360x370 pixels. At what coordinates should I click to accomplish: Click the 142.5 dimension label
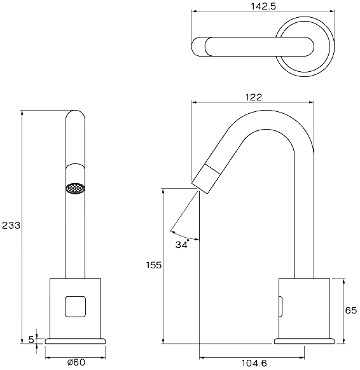pyautogui.click(x=263, y=6)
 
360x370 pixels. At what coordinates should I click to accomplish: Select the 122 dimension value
pyautogui.click(x=253, y=97)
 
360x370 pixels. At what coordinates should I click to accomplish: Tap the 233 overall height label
pyautogui.click(x=11, y=226)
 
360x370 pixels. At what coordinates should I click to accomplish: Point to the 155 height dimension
pyautogui.click(x=153, y=265)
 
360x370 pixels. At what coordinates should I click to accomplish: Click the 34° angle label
pyautogui.click(x=182, y=244)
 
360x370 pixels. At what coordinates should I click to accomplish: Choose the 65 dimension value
pyautogui.click(x=351, y=310)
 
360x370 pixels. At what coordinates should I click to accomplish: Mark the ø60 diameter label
pyautogui.click(x=76, y=362)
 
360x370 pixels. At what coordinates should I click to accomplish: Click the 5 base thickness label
pyautogui.click(x=31, y=339)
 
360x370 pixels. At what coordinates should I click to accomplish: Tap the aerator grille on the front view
pyautogui.click(x=75, y=189)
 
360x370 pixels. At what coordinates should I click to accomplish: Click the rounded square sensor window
pyautogui.click(x=75, y=306)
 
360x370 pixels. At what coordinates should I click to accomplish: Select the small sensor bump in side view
pyautogui.click(x=281, y=306)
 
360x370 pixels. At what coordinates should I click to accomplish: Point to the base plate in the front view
pyautogui.click(x=75, y=341)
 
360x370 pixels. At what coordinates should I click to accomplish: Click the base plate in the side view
pyautogui.click(x=304, y=341)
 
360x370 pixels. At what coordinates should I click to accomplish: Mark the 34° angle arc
pyautogui.click(x=184, y=236)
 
